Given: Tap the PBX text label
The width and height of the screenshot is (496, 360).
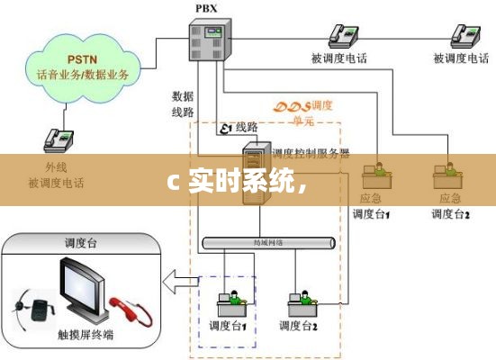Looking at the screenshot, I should (205, 8).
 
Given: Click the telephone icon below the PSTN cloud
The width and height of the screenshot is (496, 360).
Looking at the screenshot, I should (57, 139).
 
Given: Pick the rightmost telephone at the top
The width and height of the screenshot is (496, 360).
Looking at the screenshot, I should (464, 35).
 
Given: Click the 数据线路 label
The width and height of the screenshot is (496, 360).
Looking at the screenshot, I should (184, 103).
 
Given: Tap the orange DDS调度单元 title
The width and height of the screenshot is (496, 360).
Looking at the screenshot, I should (307, 111).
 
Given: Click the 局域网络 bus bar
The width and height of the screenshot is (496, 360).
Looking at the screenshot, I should (269, 243).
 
